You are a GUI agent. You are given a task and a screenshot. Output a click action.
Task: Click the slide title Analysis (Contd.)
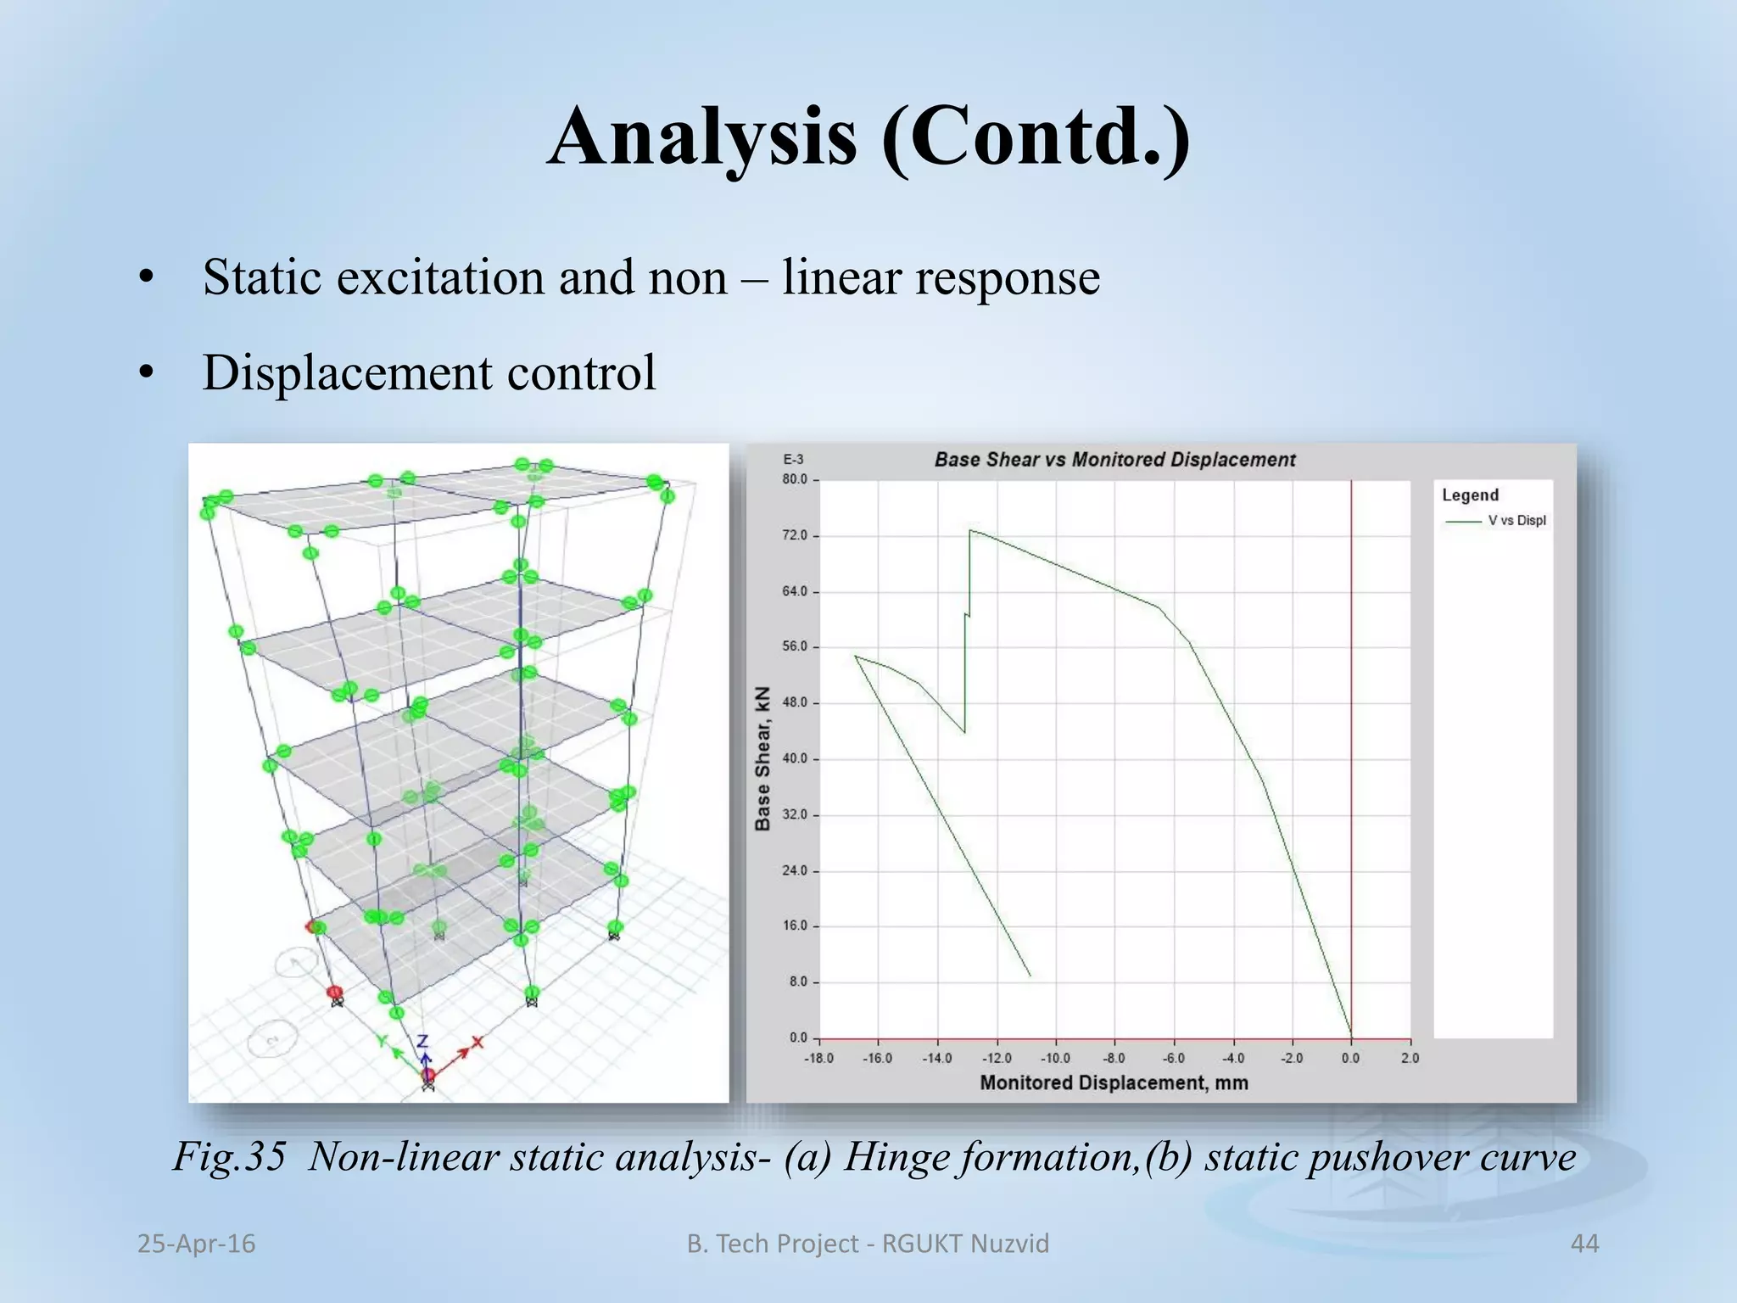(x=868, y=137)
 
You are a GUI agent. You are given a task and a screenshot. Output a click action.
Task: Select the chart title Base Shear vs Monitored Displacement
(x=1114, y=460)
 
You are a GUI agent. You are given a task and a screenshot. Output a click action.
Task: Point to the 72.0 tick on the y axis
(x=795, y=536)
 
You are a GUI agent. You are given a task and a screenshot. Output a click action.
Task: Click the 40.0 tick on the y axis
(x=795, y=759)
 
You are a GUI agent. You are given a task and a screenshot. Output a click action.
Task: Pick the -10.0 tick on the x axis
(x=1055, y=1059)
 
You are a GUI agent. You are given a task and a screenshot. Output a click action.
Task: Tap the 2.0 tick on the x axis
(x=1410, y=1059)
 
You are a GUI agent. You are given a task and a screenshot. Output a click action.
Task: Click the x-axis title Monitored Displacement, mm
(x=1114, y=1083)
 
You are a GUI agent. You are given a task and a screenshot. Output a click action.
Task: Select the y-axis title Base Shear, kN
(x=762, y=758)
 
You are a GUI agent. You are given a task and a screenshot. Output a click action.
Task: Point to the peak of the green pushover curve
(x=970, y=531)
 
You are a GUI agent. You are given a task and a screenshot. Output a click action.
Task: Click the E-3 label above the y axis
(x=793, y=460)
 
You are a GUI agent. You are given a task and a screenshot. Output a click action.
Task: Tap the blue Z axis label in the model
(x=423, y=1042)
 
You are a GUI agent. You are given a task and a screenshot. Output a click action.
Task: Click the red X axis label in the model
(x=478, y=1042)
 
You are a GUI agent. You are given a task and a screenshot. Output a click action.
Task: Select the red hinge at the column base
(x=335, y=993)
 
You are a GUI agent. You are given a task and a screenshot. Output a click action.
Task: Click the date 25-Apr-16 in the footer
(x=196, y=1244)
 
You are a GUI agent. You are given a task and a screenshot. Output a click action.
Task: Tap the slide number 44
(x=1584, y=1244)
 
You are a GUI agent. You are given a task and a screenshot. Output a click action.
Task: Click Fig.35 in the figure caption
(x=229, y=1157)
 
